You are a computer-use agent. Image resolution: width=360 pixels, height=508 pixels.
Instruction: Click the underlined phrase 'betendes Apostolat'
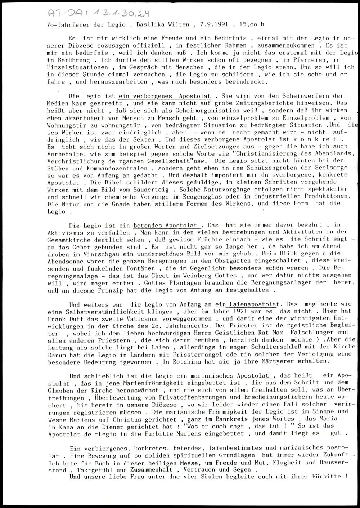pos(166,226)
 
